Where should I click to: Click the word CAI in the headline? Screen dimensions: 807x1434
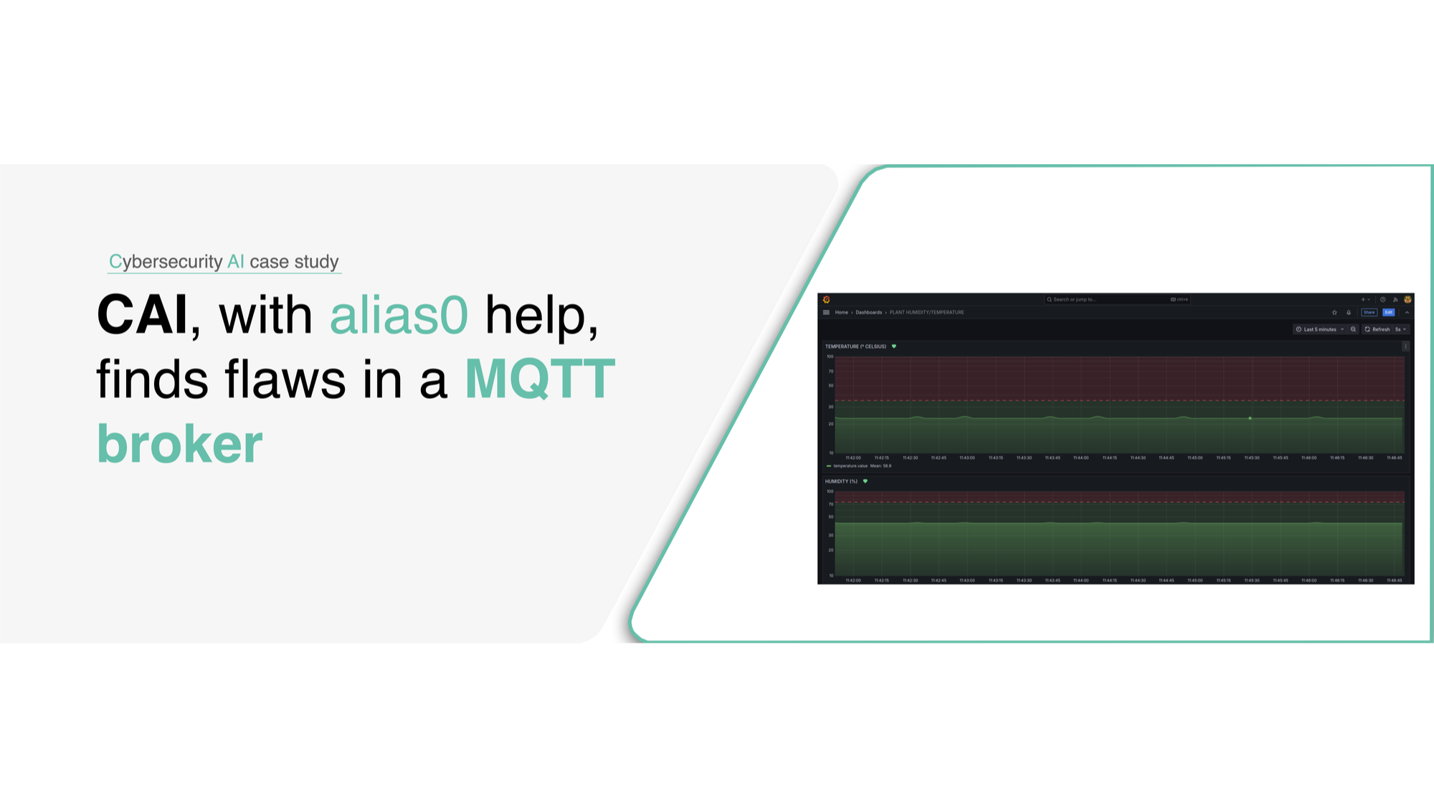(x=142, y=315)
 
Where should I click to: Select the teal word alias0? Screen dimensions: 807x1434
(x=399, y=315)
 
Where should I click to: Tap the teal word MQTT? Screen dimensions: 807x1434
(x=540, y=379)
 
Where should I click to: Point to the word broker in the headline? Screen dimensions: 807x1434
(x=179, y=444)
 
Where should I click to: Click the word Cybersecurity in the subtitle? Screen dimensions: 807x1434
(x=166, y=262)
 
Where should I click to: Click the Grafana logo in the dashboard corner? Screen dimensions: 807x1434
(x=827, y=300)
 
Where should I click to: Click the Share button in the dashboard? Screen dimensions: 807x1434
(x=1369, y=313)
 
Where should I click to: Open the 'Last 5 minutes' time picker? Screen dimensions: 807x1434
(x=1319, y=329)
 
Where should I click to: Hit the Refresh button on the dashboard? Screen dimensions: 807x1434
(x=1377, y=329)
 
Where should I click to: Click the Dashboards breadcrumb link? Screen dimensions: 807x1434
(x=868, y=313)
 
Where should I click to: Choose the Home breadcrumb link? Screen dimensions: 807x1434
(x=841, y=313)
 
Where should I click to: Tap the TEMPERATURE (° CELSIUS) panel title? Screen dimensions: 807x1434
(x=855, y=346)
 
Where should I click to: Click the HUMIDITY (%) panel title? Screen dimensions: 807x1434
(x=841, y=481)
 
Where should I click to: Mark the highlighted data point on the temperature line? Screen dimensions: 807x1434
(x=1250, y=418)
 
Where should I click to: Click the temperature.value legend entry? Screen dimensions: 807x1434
(x=850, y=466)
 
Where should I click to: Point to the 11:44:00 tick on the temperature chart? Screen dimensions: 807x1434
(x=1081, y=458)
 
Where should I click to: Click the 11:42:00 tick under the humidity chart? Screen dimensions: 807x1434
(x=853, y=580)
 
